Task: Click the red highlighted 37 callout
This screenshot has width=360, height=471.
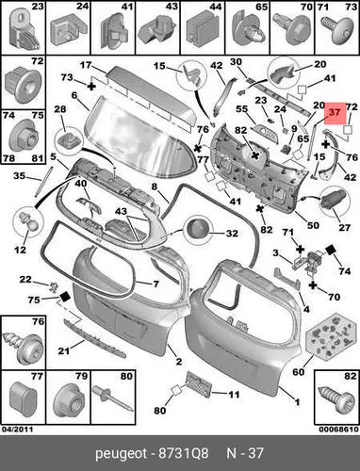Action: click(x=335, y=113)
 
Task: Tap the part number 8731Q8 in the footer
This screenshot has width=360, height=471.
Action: click(x=184, y=453)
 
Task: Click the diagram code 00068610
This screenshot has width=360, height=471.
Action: click(x=338, y=430)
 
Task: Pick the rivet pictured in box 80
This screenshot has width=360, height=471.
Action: click(x=112, y=398)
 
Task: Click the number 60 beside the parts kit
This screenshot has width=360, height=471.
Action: click(x=299, y=372)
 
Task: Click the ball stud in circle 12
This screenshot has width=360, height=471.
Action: click(x=27, y=221)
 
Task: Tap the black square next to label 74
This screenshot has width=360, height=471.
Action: click(x=331, y=251)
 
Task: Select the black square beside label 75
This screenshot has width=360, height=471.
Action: click(x=65, y=297)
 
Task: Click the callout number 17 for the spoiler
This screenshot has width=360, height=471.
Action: click(x=85, y=65)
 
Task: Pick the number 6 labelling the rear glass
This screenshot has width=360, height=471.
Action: click(x=74, y=95)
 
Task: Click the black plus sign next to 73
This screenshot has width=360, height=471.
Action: click(x=91, y=86)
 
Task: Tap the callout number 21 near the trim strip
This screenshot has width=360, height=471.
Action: click(x=63, y=350)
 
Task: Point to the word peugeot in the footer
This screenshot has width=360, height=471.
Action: click(x=121, y=454)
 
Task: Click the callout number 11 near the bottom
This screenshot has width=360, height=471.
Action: click(x=234, y=394)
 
